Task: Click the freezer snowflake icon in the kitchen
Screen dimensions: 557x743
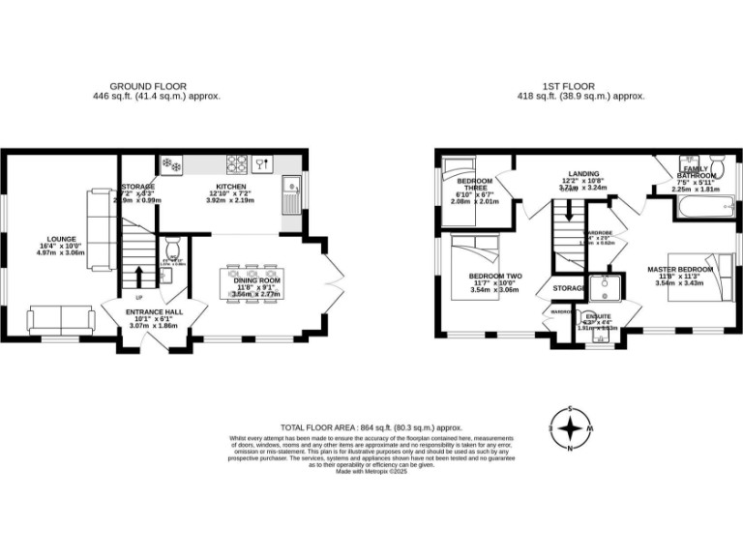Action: [171, 164]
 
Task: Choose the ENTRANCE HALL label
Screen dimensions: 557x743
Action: [155, 312]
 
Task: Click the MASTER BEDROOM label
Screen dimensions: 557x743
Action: [682, 269]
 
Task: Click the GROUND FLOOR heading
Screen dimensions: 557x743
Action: [148, 86]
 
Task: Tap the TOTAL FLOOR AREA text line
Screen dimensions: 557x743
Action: [371, 427]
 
